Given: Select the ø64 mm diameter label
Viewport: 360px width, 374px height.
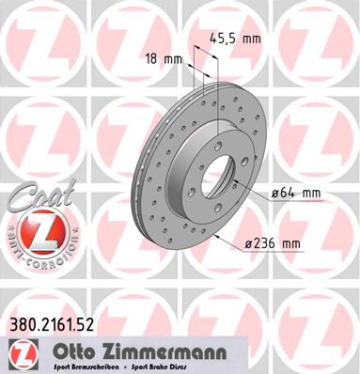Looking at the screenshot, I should click(x=296, y=194).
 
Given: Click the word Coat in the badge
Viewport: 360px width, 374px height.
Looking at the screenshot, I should click(x=35, y=199).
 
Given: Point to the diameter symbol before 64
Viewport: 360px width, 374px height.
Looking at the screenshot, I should click(x=275, y=195).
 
